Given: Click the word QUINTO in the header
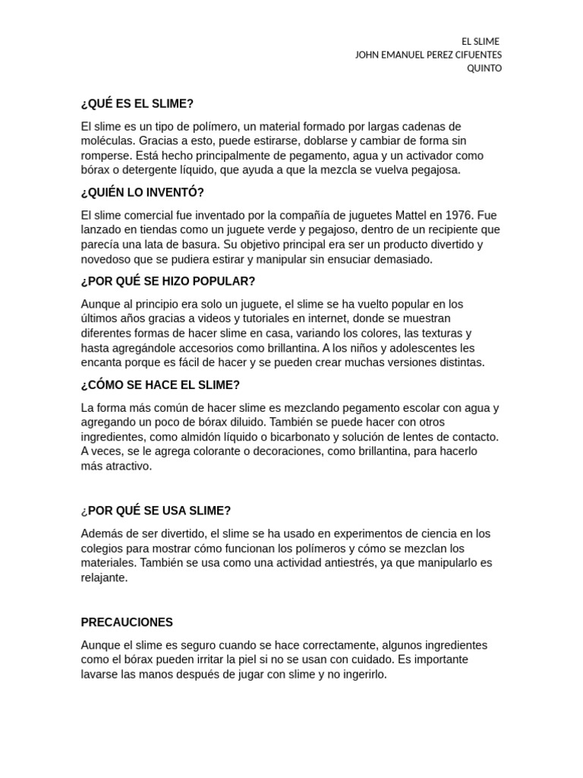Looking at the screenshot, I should tap(484, 68).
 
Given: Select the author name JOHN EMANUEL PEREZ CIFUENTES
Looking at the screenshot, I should tap(428, 55).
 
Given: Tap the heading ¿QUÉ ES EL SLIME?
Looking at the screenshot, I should tap(137, 103).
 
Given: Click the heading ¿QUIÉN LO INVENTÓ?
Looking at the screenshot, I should tap(143, 192).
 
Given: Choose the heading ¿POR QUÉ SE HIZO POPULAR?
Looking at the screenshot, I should tap(168, 281).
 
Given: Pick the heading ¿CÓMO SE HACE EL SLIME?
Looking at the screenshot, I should tap(160, 385).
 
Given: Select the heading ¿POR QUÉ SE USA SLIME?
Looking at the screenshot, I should tap(156, 511).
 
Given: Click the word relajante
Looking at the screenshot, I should tap(104, 577).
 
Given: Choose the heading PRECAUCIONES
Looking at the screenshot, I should tap(127, 622).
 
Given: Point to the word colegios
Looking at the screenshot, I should tap(103, 549).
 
